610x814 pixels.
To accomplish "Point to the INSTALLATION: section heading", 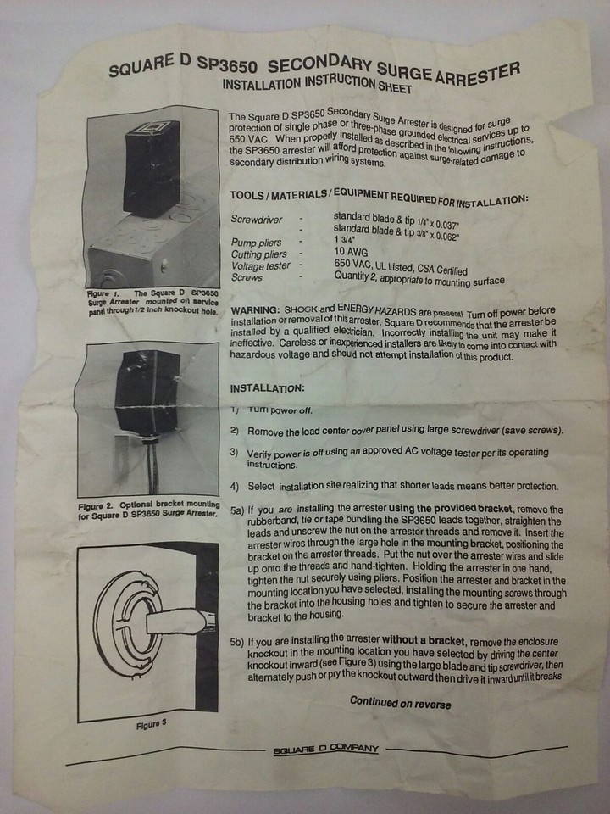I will (267, 388).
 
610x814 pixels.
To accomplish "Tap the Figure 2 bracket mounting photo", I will (147, 419).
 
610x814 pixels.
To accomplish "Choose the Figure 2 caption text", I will (147, 510).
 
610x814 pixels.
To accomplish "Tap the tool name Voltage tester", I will (259, 265).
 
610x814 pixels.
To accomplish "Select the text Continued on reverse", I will (400, 703).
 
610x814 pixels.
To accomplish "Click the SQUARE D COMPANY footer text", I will (326, 750).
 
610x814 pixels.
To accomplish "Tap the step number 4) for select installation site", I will (235, 487).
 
